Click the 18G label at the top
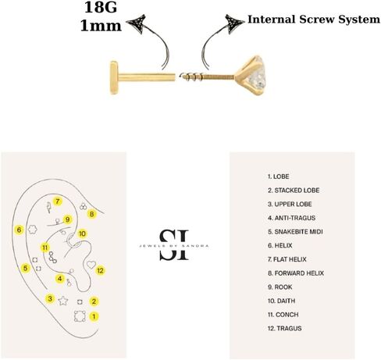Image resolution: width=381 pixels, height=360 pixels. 101,7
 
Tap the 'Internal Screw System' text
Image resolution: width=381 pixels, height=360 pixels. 314,20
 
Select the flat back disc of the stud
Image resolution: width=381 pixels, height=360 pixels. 114,77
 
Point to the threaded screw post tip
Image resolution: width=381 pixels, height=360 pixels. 182,76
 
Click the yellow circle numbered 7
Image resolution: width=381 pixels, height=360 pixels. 58,201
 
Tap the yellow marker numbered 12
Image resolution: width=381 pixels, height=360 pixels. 100,270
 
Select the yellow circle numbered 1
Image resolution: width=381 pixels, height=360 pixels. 94,316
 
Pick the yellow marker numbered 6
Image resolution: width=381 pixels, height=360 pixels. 19,230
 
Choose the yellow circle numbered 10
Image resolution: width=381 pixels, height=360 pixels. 82,233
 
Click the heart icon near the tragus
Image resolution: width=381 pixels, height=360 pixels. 91,265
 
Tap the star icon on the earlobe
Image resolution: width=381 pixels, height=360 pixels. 63,301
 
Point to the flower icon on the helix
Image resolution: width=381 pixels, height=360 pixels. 32,230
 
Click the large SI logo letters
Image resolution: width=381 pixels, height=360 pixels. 174,244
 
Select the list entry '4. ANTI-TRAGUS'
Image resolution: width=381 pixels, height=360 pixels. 291,218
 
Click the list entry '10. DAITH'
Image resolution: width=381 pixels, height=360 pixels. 281,301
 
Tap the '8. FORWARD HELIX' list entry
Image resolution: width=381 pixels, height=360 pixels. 296,273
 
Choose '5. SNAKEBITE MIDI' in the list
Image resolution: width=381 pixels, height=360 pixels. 295,232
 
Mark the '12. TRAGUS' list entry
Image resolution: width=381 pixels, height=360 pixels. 285,329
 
